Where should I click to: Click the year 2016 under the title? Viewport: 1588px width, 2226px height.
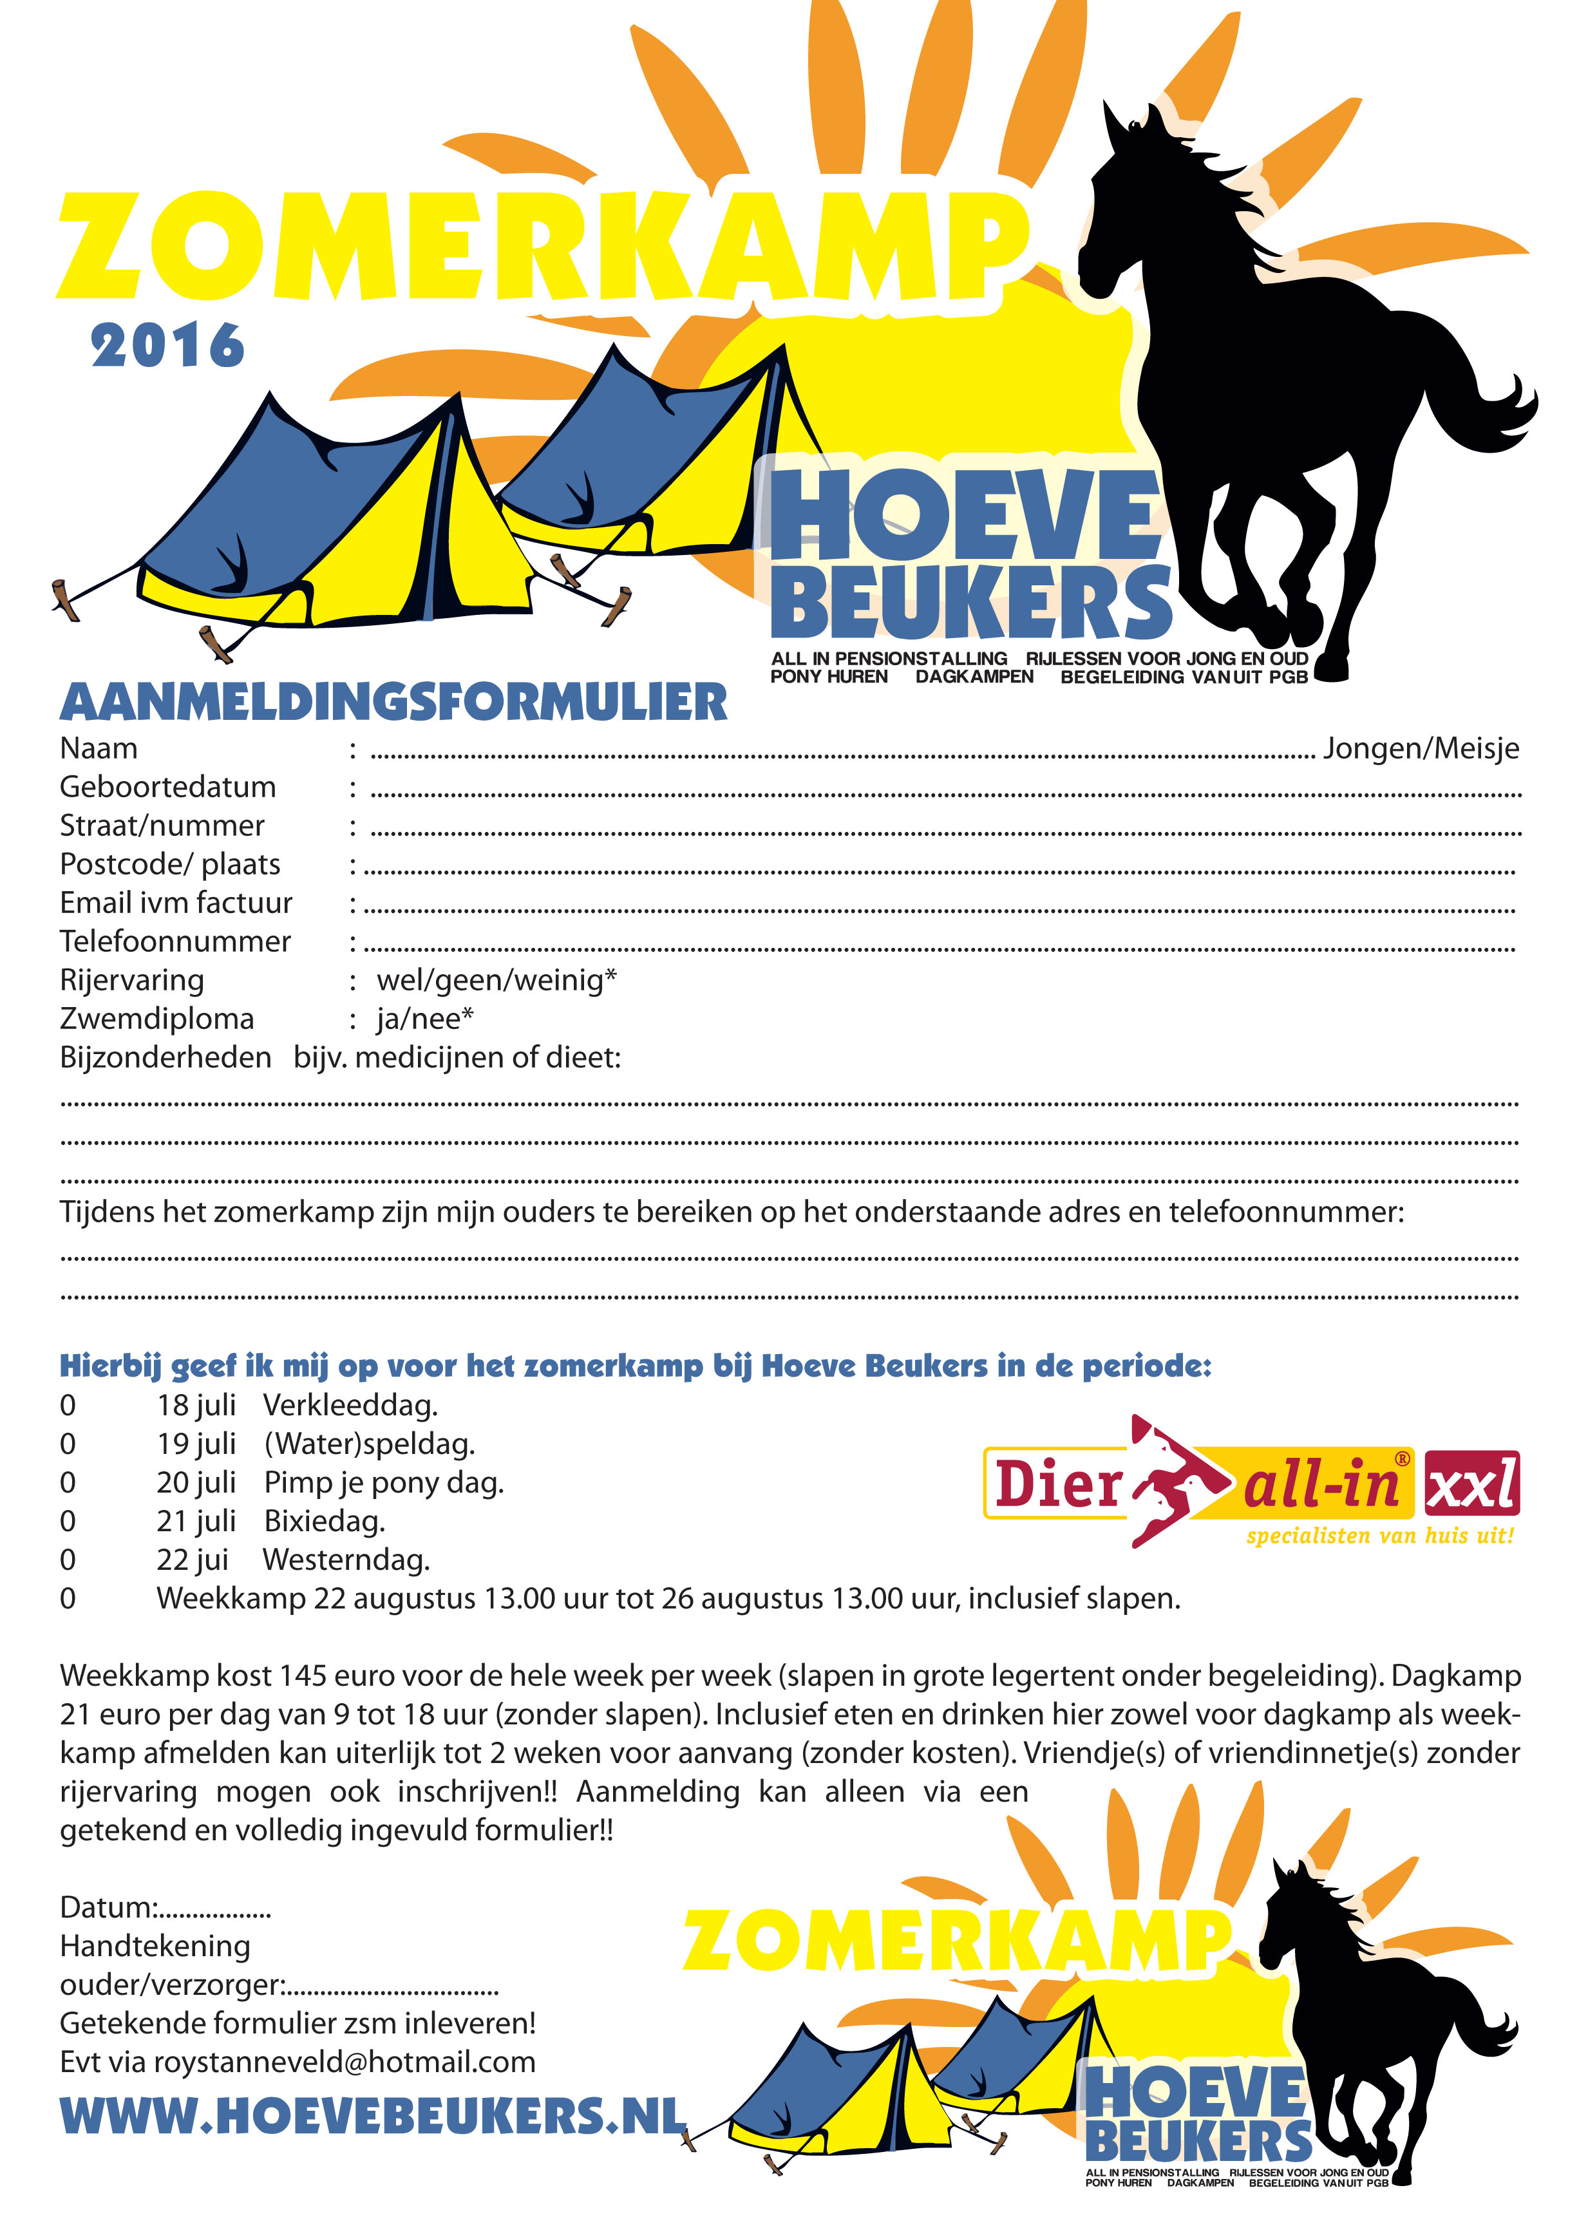click(167, 347)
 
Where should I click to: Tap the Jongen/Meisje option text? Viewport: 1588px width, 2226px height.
click(1421, 749)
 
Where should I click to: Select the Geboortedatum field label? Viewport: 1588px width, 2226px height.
click(167, 787)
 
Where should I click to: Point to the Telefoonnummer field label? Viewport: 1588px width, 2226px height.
click(175, 941)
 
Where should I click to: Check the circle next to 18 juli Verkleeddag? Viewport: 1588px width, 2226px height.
click(68, 1406)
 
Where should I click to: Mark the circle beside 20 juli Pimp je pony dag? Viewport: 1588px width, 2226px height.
click(68, 1483)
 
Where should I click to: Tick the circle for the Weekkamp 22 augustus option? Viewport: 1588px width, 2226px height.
click(68, 1599)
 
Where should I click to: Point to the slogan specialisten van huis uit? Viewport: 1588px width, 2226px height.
click(1380, 1536)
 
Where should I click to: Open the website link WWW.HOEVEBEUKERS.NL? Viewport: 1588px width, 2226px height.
click(372, 2117)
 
